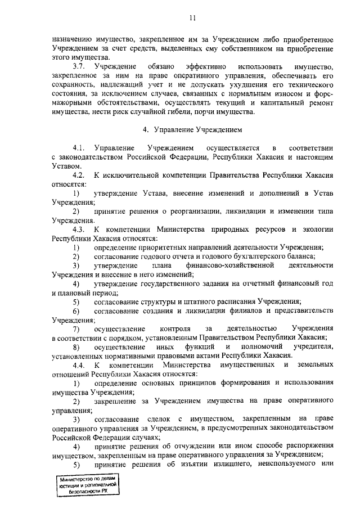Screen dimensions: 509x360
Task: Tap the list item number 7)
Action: pyautogui.click(x=75, y=329)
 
